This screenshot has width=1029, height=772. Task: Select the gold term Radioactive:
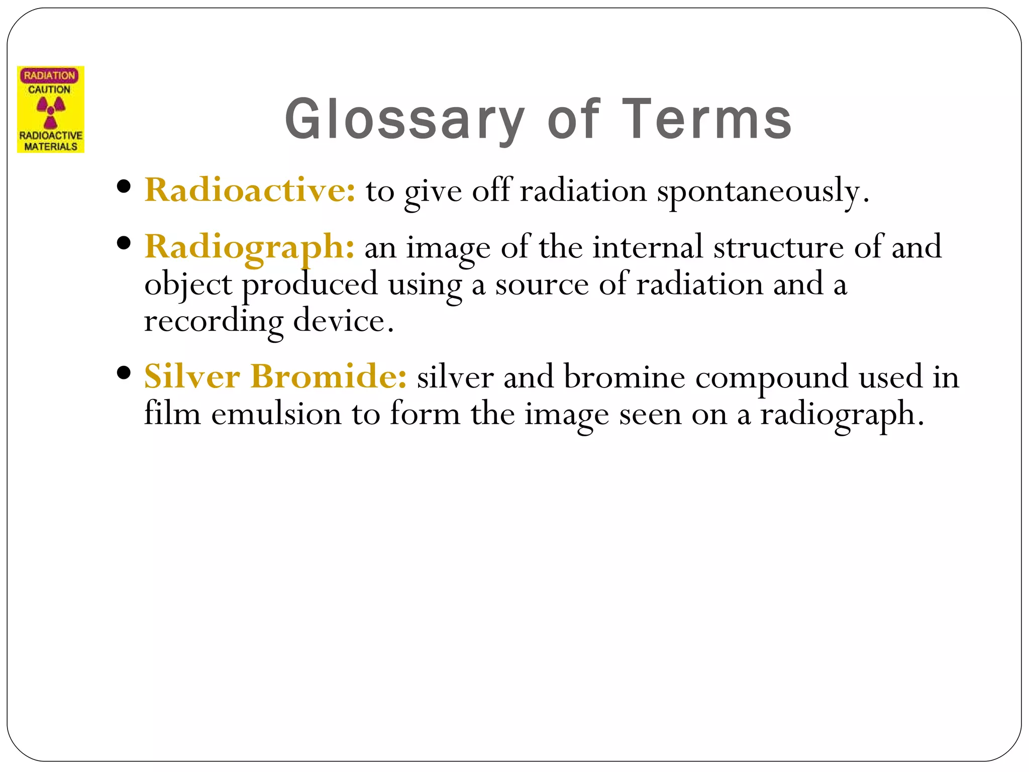click(x=250, y=190)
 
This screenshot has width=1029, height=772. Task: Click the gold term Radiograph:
click(x=249, y=247)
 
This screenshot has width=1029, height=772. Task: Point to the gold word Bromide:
click(x=328, y=377)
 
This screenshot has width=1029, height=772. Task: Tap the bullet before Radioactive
click(x=123, y=187)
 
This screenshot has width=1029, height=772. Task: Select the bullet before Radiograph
click(x=123, y=244)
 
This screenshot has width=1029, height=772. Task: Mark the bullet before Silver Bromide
click(x=123, y=373)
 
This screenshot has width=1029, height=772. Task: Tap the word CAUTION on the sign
click(x=49, y=89)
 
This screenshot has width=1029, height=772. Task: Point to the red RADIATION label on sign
click(x=49, y=75)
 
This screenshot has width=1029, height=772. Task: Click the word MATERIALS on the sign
click(x=51, y=147)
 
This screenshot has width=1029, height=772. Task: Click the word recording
click(x=214, y=322)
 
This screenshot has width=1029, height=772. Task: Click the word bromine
click(x=624, y=377)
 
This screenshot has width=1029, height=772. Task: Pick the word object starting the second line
click(x=188, y=285)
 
